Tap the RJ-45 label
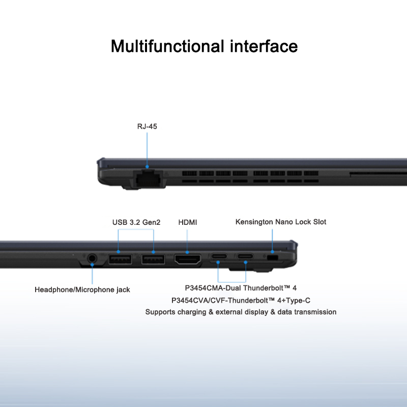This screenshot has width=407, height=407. (147, 126)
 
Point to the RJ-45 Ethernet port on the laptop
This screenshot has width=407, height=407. (147, 179)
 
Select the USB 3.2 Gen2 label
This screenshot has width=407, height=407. (136, 222)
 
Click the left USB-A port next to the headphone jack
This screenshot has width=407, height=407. (119, 259)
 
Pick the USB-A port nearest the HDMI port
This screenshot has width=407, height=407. (153, 259)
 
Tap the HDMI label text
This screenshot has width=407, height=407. (188, 222)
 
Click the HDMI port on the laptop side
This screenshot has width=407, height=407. (188, 259)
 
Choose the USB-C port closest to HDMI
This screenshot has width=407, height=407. (219, 256)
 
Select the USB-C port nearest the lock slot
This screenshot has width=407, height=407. (245, 256)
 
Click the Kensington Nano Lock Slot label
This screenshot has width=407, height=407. (281, 222)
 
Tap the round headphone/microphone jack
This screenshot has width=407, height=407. (92, 259)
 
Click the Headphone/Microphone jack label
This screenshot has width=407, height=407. (82, 289)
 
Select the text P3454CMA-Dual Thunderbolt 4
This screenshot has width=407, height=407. (241, 288)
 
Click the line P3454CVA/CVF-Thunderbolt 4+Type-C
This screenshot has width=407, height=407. (241, 300)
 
